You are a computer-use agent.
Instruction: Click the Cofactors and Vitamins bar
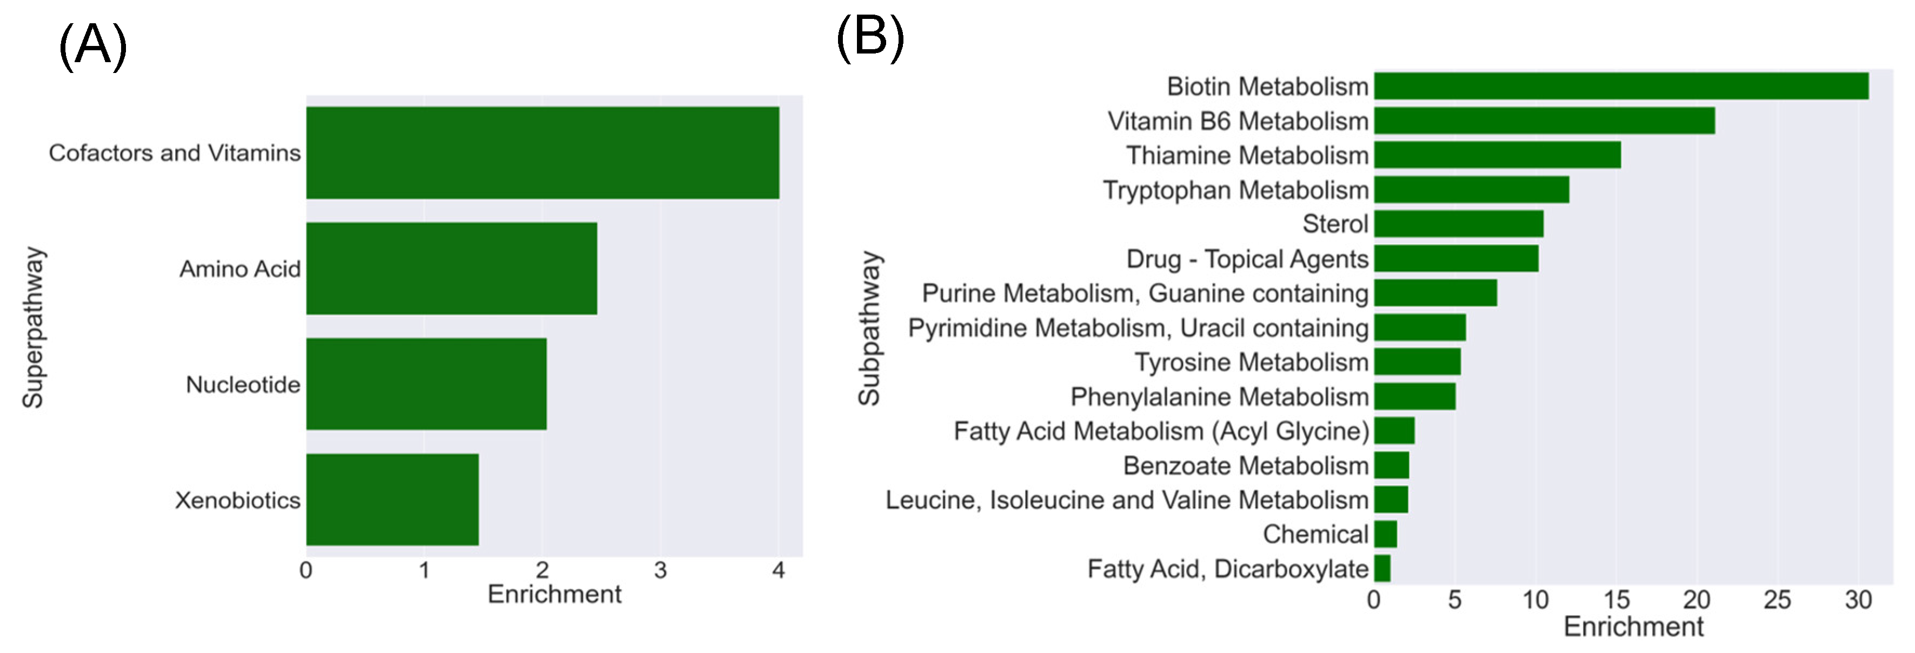pyautogui.click(x=543, y=152)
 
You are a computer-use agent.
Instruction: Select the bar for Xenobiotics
pyautogui.click(x=393, y=499)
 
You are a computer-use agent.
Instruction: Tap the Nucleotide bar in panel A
pyautogui.click(x=426, y=384)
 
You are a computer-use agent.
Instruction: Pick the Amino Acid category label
pyautogui.click(x=240, y=269)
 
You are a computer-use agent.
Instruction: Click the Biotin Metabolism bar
pyautogui.click(x=1621, y=86)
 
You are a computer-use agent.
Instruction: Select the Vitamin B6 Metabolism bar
pyautogui.click(x=1544, y=121)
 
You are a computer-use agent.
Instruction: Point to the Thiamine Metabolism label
pyautogui.click(x=1247, y=155)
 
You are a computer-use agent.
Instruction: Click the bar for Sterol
pyautogui.click(x=1459, y=224)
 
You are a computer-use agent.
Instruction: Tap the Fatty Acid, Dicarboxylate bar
pyautogui.click(x=1382, y=568)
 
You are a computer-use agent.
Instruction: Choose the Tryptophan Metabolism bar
pyautogui.click(x=1471, y=189)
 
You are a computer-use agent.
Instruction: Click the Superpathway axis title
pyautogui.click(x=32, y=328)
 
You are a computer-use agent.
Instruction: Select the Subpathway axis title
pyautogui.click(x=868, y=328)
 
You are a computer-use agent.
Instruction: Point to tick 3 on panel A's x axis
pyautogui.click(x=660, y=570)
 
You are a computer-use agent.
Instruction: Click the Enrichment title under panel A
pyautogui.click(x=554, y=594)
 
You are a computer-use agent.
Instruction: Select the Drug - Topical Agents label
pyautogui.click(x=1247, y=258)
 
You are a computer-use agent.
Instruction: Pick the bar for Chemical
pyautogui.click(x=1386, y=534)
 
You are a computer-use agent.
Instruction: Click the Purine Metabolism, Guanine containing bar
pyautogui.click(x=1435, y=292)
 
